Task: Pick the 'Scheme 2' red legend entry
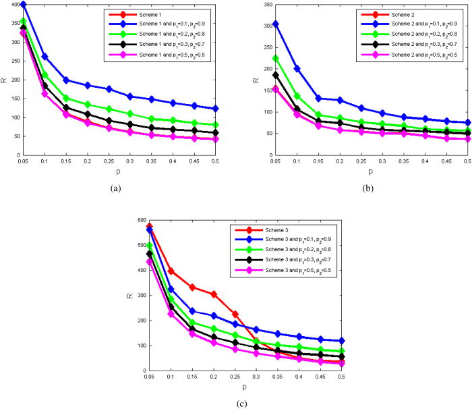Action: [393, 14]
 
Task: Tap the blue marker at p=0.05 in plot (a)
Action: [24, 4]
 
